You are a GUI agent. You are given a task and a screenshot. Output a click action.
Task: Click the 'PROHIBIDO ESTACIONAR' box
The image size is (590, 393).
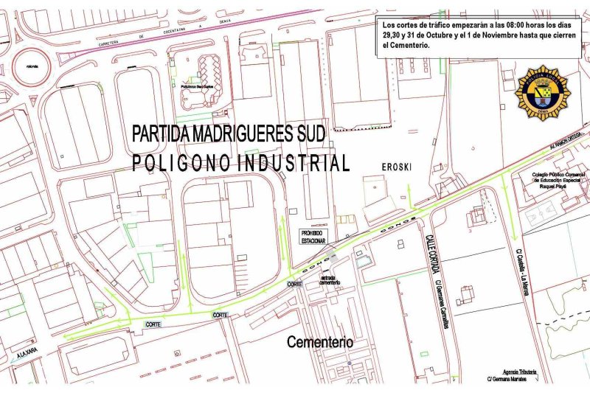(312, 236)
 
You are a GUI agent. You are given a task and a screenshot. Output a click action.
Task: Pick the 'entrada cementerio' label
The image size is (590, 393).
(330, 280)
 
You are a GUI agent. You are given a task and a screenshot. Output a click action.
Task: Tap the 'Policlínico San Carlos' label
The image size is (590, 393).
(197, 86)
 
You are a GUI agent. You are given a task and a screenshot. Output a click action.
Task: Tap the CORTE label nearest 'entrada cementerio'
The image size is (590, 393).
(294, 285)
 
